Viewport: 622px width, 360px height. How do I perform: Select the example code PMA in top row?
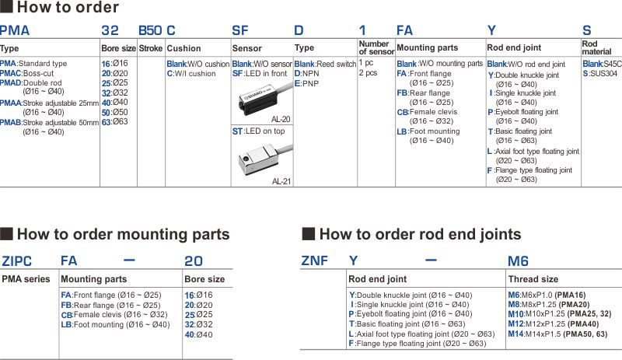[15, 31]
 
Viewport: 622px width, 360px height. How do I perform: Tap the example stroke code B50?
[149, 31]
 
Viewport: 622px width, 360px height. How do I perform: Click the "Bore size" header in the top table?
[118, 48]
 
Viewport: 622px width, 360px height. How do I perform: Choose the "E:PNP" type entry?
[307, 83]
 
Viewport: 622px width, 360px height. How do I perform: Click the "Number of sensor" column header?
[376, 47]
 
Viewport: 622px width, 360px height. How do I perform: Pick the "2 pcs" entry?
[368, 73]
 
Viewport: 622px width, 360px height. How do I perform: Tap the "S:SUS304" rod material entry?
[599, 73]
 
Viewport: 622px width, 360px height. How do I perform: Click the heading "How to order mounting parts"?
[123, 234]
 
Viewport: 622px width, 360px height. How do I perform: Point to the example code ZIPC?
[17, 262]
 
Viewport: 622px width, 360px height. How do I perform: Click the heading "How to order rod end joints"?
[420, 234]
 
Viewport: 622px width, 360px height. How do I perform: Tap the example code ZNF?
[314, 262]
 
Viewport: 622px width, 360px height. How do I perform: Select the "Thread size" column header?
[533, 279]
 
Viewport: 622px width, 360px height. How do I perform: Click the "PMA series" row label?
[26, 279]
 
